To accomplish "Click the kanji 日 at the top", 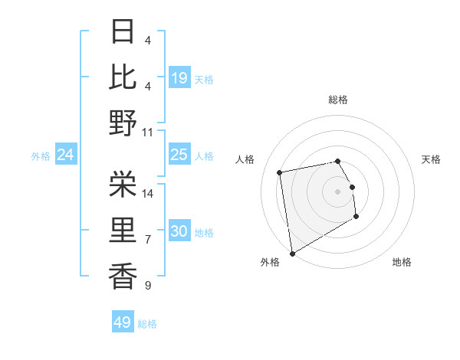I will click(123, 32).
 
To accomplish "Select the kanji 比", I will click(123, 77).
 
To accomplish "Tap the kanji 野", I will click(123, 123).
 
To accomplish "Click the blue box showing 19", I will click(179, 77).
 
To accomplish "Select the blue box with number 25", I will click(179, 155).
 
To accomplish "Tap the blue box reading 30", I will click(179, 231).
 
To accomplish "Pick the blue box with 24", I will click(65, 155).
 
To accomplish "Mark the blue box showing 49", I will click(123, 322).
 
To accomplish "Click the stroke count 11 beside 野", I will click(148, 132).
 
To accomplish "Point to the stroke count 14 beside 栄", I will click(148, 193).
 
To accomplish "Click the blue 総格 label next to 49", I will click(147, 324).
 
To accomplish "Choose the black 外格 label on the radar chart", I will click(270, 262).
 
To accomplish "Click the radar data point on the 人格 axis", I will click(280, 172).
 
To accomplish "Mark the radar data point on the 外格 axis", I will click(292, 253).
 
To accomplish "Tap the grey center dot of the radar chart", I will click(337, 191).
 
